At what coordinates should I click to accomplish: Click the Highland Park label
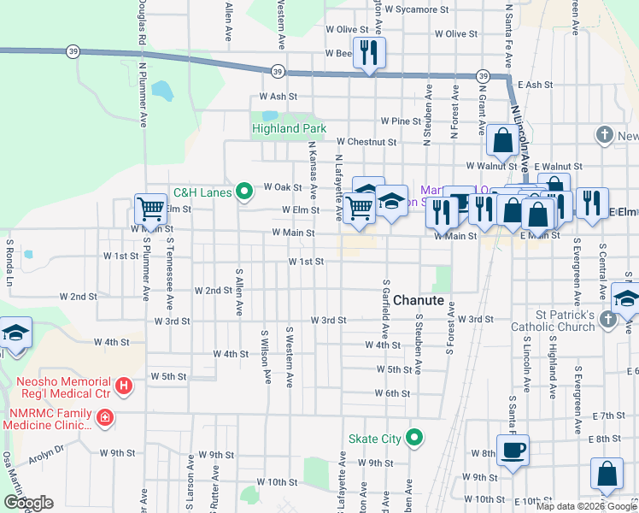[289, 129]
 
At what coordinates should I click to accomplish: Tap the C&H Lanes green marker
[243, 192]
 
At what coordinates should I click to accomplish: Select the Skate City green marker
[414, 439]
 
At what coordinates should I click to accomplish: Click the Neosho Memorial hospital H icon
[124, 386]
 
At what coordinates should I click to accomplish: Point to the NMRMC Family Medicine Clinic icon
[104, 418]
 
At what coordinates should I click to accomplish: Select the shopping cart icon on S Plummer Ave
[150, 208]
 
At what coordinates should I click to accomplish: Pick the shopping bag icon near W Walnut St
[504, 139]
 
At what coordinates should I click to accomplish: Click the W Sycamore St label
[416, 10]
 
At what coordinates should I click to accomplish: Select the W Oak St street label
[283, 186]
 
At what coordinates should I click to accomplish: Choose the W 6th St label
[393, 393]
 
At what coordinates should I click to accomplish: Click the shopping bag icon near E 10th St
[607, 475]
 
